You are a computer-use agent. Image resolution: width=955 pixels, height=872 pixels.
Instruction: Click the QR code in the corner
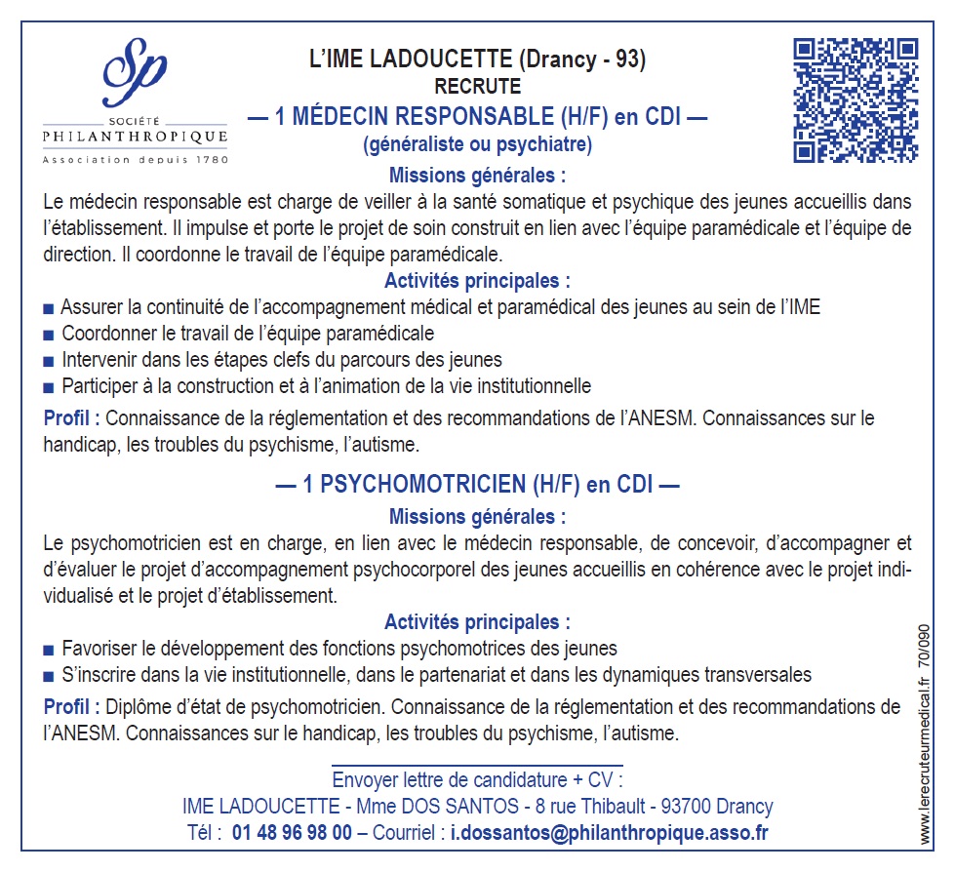(856, 99)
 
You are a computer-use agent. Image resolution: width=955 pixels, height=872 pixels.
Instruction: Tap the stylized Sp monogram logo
(136, 74)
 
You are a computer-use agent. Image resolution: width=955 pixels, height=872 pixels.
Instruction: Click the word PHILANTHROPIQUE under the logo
(136, 136)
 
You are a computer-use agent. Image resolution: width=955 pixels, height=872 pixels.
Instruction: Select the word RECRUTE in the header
(477, 87)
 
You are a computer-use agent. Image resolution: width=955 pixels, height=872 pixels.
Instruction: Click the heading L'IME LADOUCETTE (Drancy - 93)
(477, 59)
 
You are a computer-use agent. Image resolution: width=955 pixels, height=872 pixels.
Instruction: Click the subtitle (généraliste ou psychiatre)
(477, 145)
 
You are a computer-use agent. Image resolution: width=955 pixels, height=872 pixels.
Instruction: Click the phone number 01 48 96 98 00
(293, 833)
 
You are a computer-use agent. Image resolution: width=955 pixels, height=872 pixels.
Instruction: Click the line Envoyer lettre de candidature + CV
(477, 780)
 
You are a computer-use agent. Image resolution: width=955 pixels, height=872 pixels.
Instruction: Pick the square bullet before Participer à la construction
(49, 386)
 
